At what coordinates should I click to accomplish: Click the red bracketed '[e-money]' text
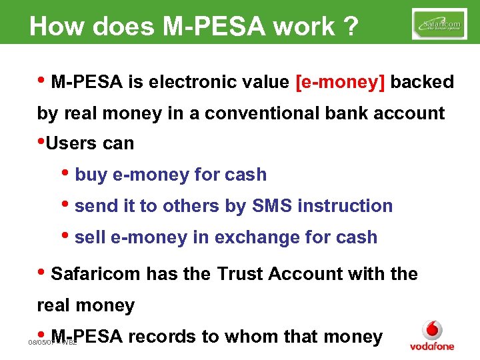pyautogui.click(x=339, y=83)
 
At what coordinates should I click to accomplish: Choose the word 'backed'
pyautogui.click(x=422, y=83)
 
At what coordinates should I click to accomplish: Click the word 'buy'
pyautogui.click(x=91, y=175)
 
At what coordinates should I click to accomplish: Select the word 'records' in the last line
pyautogui.click(x=161, y=337)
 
